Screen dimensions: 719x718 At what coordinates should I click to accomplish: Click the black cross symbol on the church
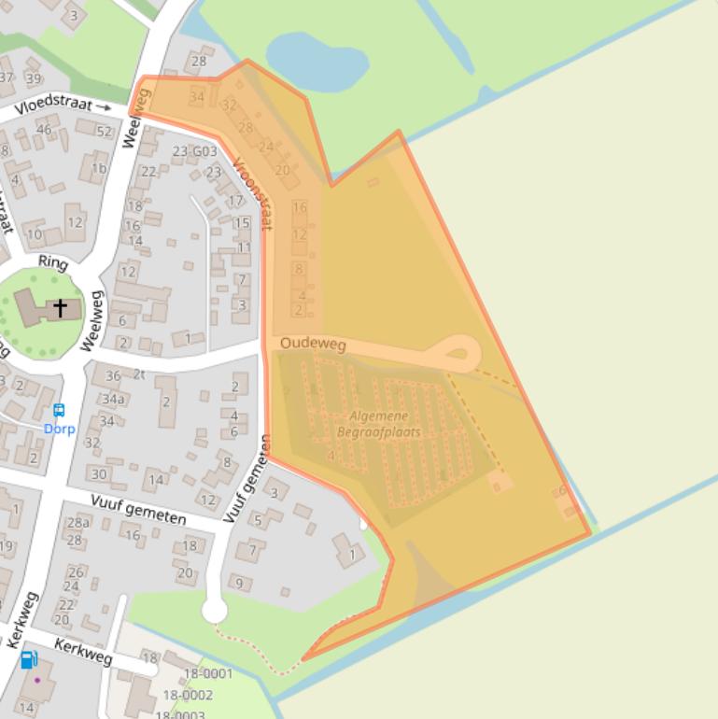(x=61, y=307)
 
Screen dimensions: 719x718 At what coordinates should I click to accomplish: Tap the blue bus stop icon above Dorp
(x=59, y=410)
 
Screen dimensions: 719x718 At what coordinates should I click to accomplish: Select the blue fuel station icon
(x=29, y=660)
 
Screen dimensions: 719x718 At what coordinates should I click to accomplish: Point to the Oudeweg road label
(x=313, y=345)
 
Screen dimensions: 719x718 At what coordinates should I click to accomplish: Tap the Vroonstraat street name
(x=253, y=192)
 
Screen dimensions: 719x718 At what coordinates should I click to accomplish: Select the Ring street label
(x=53, y=264)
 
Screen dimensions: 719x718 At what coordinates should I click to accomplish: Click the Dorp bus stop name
(x=59, y=429)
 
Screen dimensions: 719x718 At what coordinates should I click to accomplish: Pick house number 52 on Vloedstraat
(x=105, y=132)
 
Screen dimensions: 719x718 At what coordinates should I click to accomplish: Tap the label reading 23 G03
(x=194, y=151)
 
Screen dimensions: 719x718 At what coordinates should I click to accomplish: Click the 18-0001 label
(x=207, y=673)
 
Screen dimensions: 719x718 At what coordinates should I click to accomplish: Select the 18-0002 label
(x=188, y=695)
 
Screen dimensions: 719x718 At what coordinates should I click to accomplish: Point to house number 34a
(x=113, y=399)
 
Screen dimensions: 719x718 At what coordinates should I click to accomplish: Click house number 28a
(x=78, y=523)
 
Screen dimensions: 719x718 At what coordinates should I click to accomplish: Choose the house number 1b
(x=99, y=168)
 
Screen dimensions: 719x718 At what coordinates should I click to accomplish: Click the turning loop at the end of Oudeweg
(x=457, y=354)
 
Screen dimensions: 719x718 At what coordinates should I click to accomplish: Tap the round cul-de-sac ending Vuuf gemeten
(x=215, y=611)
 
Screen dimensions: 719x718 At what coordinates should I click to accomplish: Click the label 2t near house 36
(x=140, y=374)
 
